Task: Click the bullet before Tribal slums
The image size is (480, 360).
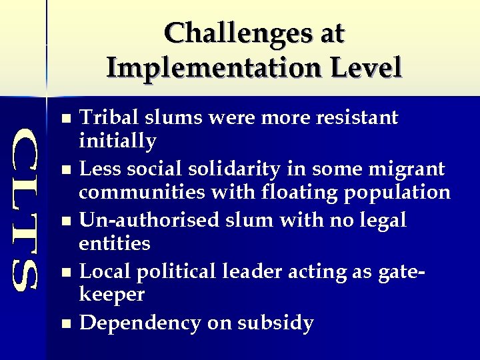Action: click(x=65, y=119)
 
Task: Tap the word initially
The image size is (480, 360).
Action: click(x=117, y=141)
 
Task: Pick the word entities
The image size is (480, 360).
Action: click(x=115, y=243)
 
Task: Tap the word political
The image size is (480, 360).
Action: click(x=183, y=271)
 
